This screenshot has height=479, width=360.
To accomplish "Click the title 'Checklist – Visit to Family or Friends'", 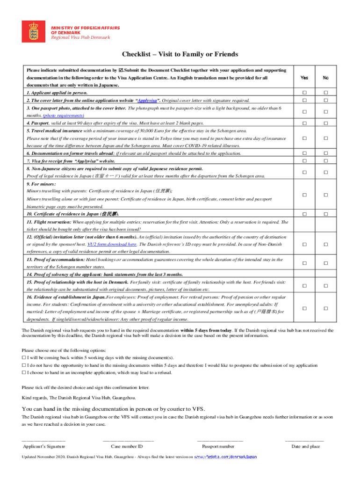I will click(180, 55).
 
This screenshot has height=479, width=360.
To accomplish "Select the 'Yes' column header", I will click(304, 78).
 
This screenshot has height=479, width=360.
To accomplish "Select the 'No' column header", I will click(326, 78).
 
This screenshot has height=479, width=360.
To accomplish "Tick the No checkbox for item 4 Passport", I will click(326, 123).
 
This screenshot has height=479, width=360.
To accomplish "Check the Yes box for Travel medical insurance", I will click(304, 138).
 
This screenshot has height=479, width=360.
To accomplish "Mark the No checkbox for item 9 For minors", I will click(326, 195).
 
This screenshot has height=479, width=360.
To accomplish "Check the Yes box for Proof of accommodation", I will click(304, 263).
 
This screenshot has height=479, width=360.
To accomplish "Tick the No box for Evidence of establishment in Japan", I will click(326, 308).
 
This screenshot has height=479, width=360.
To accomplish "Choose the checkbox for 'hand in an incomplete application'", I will click(24, 373).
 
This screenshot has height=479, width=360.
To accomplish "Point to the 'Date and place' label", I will click(305, 447).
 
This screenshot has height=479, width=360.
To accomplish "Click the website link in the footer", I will click(225, 457).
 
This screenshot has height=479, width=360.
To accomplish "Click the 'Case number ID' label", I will click(127, 447).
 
